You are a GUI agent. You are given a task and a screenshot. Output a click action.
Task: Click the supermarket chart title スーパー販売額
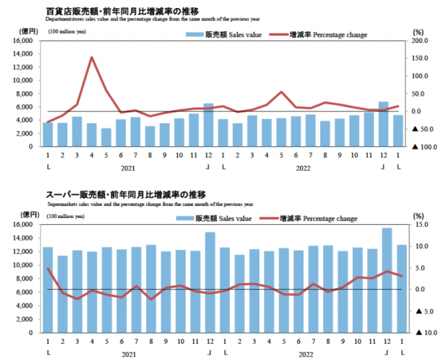pyautogui.click(x=74, y=194)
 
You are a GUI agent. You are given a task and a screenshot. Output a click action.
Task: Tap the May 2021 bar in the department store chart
pyautogui.click(x=106, y=137)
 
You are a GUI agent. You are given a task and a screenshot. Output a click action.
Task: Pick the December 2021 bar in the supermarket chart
pyautogui.click(x=209, y=282)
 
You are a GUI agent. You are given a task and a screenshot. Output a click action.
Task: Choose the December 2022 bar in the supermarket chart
pyautogui.click(x=386, y=280)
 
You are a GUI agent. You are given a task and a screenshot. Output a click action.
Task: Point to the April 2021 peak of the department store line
pyautogui.click(x=92, y=57)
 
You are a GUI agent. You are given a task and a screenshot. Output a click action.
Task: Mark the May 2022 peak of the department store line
pyautogui.click(x=282, y=92)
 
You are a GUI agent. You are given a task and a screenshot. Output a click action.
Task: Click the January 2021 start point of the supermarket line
pyautogui.click(x=48, y=269)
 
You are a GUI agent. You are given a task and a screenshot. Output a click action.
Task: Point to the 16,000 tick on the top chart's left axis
pyautogui.click(x=23, y=41)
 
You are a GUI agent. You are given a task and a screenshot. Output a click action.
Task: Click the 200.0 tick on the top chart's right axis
pyautogui.click(x=421, y=41)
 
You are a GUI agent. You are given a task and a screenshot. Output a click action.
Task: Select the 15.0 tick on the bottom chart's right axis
pyautogui.click(x=420, y=225)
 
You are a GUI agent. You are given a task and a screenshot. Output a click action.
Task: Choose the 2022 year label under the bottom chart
pyautogui.click(x=305, y=353)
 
